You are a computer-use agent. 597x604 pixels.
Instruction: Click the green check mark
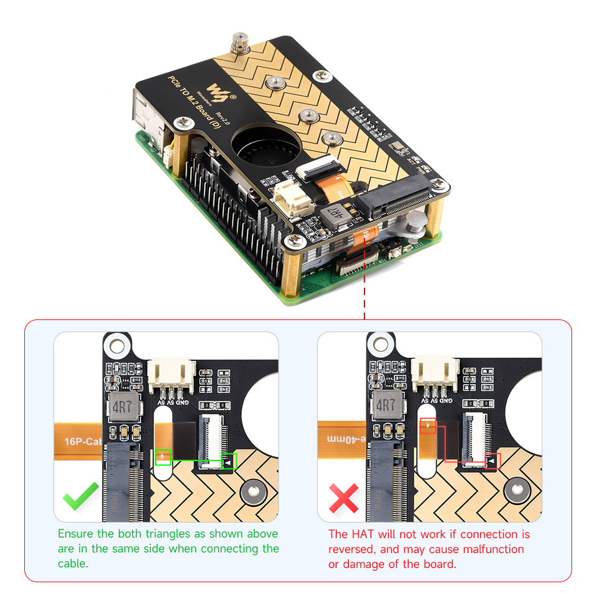pyautogui.click(x=81, y=495)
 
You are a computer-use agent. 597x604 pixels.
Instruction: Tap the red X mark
pyautogui.click(x=344, y=498)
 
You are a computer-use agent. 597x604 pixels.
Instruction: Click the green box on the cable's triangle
pyautogui.click(x=163, y=457)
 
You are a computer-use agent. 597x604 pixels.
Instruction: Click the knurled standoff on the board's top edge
pyautogui.click(x=237, y=44)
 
